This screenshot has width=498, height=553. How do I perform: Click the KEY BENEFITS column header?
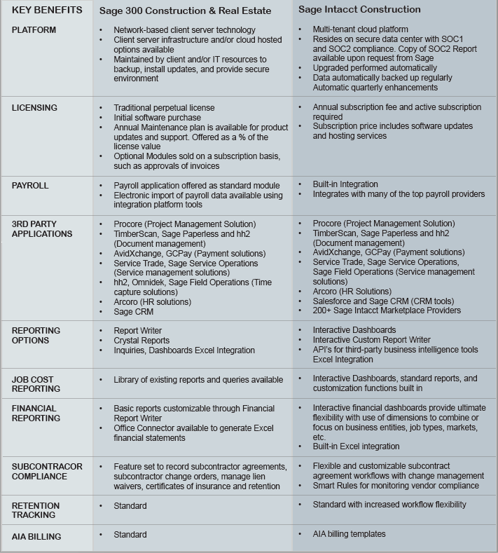[x=47, y=10]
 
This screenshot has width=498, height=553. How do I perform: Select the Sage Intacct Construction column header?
[x=359, y=9]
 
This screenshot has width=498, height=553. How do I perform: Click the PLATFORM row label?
[x=34, y=30]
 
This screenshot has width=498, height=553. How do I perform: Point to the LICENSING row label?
[x=34, y=108]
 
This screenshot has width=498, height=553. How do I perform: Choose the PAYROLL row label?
[x=30, y=186]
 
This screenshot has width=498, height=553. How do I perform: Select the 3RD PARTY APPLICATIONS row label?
[x=41, y=228]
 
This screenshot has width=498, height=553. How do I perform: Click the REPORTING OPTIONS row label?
[x=36, y=335]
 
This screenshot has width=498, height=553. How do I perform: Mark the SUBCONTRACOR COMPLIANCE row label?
[x=47, y=471]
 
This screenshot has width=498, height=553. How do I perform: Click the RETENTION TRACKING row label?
[x=36, y=510]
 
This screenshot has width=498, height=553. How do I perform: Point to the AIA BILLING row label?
[x=36, y=537]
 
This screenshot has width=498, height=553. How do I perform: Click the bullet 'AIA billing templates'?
[x=349, y=534]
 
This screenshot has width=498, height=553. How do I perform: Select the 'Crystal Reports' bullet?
[x=141, y=341]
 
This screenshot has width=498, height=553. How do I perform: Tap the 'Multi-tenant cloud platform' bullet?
[x=360, y=30]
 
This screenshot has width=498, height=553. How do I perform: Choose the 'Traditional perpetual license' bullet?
[x=164, y=108]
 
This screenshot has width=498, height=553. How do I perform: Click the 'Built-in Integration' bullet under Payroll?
[x=345, y=184]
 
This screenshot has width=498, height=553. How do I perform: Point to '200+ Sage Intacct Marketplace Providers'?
[x=387, y=310]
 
